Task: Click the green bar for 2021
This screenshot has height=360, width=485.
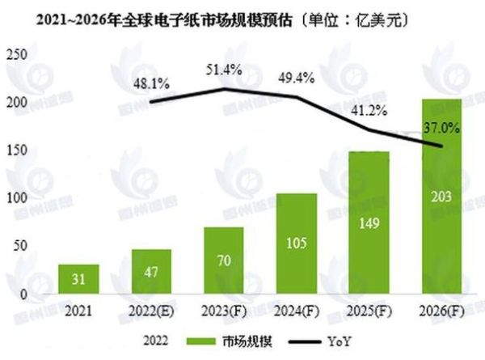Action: click(x=78, y=280)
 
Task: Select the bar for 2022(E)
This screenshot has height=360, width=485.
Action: click(x=151, y=273)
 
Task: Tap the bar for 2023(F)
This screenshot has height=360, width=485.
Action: click(x=223, y=261)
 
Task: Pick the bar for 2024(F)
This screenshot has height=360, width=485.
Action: click(x=296, y=245)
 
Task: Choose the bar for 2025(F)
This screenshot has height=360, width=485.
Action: click(x=369, y=223)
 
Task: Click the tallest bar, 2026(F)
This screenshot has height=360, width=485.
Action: click(x=441, y=198)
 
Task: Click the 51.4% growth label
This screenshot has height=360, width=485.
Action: click(x=224, y=70)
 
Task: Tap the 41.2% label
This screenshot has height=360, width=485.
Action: click(x=367, y=110)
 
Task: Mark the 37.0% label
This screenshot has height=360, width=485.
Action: click(x=441, y=126)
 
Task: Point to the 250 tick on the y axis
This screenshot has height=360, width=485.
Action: click(x=16, y=55)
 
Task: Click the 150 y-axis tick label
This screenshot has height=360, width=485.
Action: click(x=16, y=150)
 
